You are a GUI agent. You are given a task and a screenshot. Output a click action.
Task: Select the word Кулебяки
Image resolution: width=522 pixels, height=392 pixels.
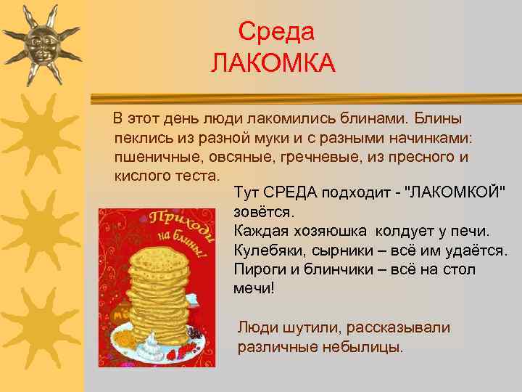(268, 250)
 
